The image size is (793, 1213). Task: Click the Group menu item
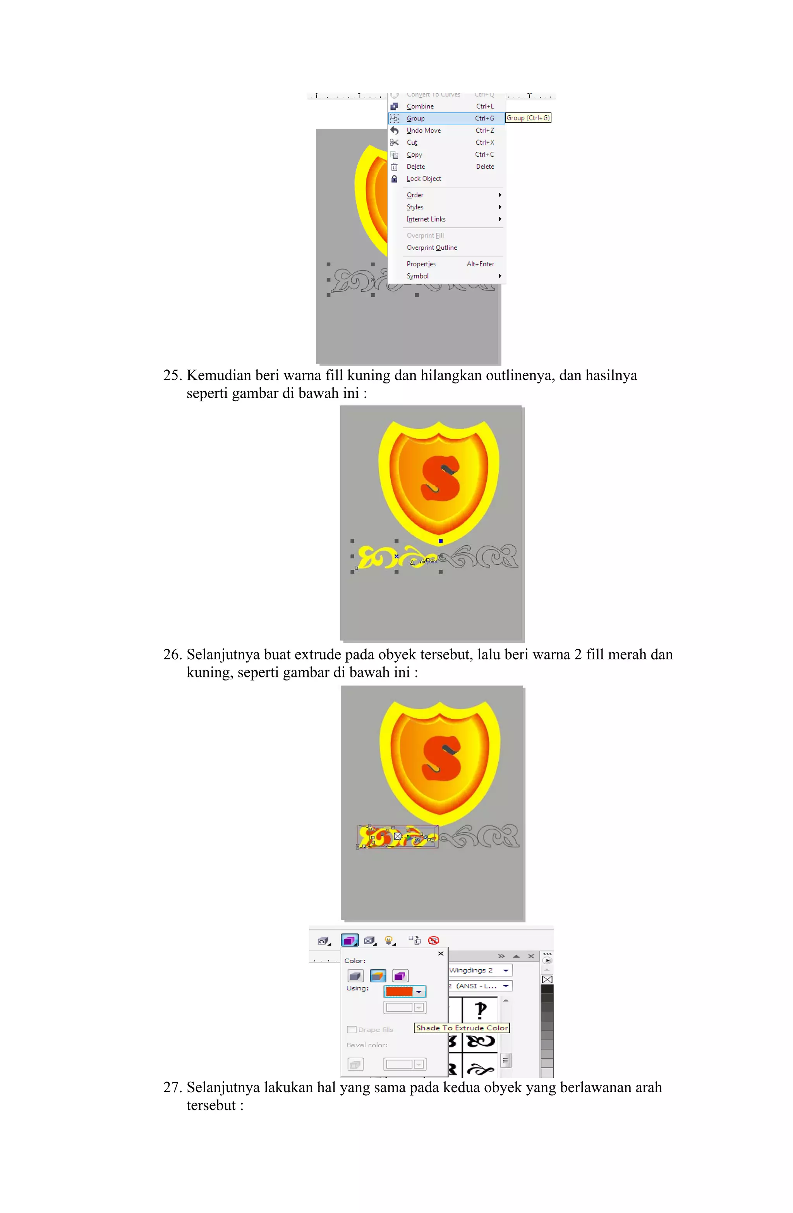pos(415,118)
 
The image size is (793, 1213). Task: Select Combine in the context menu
pos(420,106)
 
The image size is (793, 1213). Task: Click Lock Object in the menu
pos(424,179)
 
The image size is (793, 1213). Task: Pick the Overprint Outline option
pos(432,248)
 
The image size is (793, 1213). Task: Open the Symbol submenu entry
pos(417,276)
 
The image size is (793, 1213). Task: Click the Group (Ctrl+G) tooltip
pos(527,118)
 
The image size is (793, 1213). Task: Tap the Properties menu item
pos(421,264)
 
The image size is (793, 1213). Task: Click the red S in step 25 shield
pos(439,478)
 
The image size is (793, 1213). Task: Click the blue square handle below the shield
pos(440,541)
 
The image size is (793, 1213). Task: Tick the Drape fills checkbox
pos(351,1029)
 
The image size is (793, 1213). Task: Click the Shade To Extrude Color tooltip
pos(461,1027)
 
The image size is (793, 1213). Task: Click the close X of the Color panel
pos(440,954)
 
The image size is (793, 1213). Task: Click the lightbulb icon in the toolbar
pos(389,940)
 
